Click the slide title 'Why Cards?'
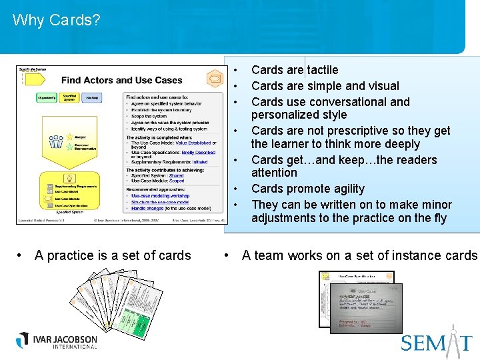[x=56, y=20]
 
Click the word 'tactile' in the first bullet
[x=323, y=70]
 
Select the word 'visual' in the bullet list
[x=382, y=86]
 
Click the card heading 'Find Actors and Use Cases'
[x=121, y=80]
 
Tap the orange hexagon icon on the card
[x=215, y=79]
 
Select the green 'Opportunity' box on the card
[x=46, y=98]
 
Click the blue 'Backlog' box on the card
[x=92, y=98]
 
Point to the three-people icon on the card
[x=55, y=142]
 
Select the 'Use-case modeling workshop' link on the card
[x=160, y=196]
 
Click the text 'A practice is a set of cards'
[x=112, y=255]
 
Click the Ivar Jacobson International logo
[x=57, y=341]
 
